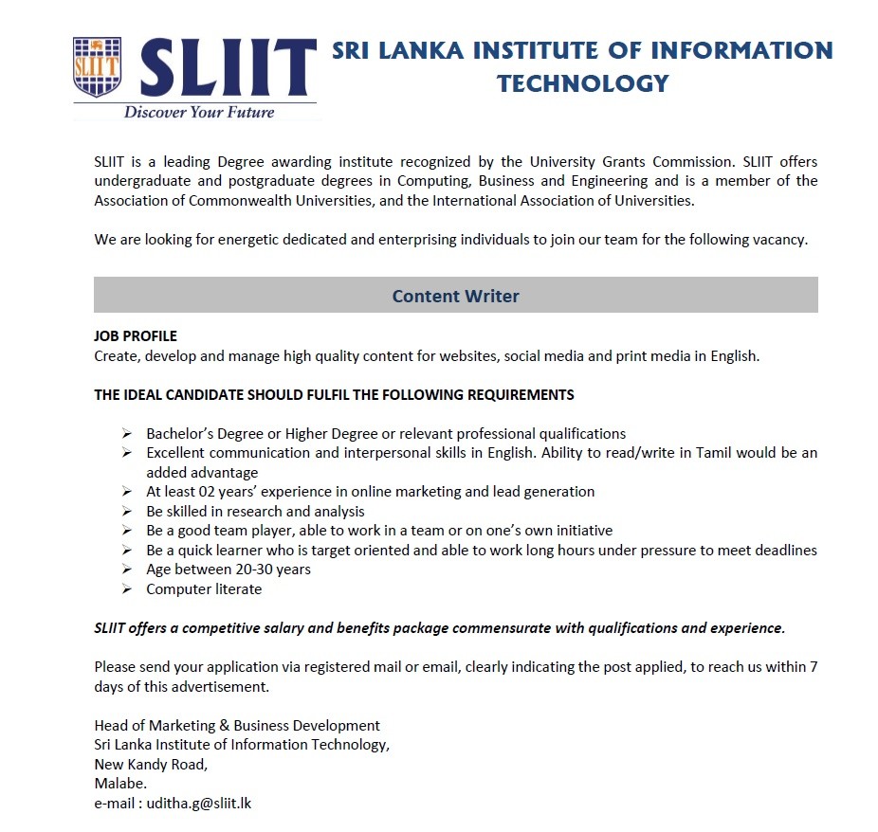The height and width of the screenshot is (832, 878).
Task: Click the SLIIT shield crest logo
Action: [99, 67]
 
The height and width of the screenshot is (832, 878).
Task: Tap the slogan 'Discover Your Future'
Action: [199, 113]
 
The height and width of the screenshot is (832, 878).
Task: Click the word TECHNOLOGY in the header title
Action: [582, 83]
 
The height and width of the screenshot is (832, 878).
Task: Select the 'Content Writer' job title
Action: [455, 296]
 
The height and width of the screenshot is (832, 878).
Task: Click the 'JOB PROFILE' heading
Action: [136, 336]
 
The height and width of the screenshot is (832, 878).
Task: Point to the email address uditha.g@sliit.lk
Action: [199, 804]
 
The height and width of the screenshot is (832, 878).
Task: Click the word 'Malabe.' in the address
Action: [120, 784]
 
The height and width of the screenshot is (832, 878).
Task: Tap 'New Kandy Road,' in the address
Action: [151, 764]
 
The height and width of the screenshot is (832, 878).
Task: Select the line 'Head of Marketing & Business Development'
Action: [237, 726]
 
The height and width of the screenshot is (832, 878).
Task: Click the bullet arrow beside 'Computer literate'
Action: [127, 589]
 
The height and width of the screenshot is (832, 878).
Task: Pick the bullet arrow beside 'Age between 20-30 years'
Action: [127, 570]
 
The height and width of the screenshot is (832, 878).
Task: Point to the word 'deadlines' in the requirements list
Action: [785, 551]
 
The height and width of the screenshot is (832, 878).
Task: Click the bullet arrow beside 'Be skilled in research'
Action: [127, 512]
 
